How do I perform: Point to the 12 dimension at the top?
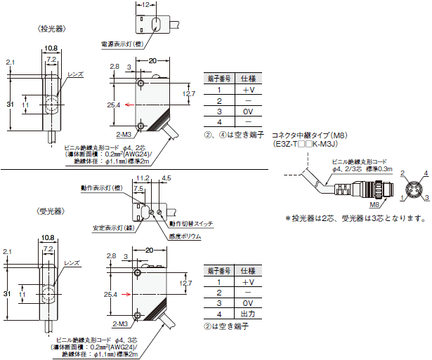145,4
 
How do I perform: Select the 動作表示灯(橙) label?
101,187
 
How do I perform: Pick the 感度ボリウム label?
185,236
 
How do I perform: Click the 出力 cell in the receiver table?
248,313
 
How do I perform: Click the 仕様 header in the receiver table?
248,269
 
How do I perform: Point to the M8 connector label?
372,204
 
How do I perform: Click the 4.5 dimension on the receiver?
166,179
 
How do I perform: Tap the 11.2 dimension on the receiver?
143,179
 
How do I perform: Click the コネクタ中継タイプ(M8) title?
309,134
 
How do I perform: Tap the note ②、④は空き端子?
232,134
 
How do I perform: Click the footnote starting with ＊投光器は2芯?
356,218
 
